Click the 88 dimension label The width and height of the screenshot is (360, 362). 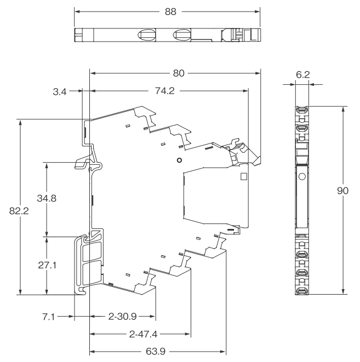(170, 12)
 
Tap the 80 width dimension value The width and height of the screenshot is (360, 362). (179, 73)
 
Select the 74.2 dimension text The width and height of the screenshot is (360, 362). (164, 91)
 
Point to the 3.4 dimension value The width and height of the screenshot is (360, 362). (60, 91)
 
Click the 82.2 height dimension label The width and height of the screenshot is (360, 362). (19, 211)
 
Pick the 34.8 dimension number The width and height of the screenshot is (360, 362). (47, 198)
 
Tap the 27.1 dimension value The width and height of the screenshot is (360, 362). (47, 265)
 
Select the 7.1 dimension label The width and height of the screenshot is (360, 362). (48, 317)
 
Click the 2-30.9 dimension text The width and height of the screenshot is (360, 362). (122, 317)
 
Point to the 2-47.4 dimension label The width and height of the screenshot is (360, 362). (143, 334)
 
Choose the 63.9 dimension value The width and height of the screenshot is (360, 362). (156, 352)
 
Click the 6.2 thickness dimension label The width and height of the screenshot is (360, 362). (302, 74)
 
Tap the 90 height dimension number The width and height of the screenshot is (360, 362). (342, 191)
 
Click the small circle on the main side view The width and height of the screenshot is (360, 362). (179, 160)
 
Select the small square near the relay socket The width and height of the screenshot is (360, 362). (243, 176)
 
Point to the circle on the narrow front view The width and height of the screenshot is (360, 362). (302, 176)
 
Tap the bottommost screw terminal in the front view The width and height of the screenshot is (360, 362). (302, 291)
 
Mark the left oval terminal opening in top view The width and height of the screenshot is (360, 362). (147, 35)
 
